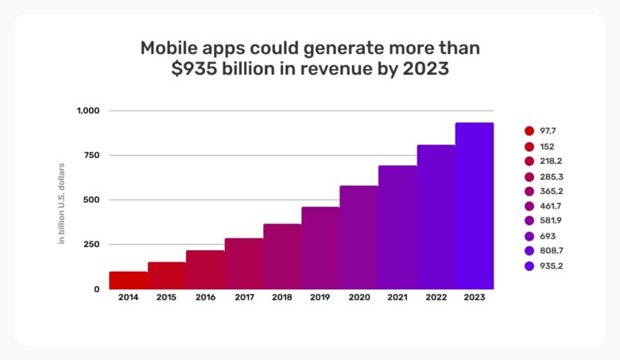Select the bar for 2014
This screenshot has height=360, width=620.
pyautogui.click(x=128, y=281)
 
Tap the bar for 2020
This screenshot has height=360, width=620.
pyautogui.click(x=359, y=238)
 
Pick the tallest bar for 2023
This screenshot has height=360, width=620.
pyautogui.click(x=475, y=206)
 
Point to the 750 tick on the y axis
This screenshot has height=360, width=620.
pyautogui.click(x=88, y=155)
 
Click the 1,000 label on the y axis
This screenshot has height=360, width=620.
pyautogui.click(x=87, y=110)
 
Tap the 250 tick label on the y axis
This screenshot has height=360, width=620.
pyautogui.click(x=88, y=244)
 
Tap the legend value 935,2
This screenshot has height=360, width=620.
pyautogui.click(x=552, y=265)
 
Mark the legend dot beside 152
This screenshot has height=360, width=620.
pyautogui.click(x=529, y=147)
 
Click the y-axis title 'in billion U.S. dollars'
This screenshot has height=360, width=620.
pyautogui.click(x=61, y=203)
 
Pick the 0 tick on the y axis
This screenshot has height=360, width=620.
pyautogui.click(x=96, y=289)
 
